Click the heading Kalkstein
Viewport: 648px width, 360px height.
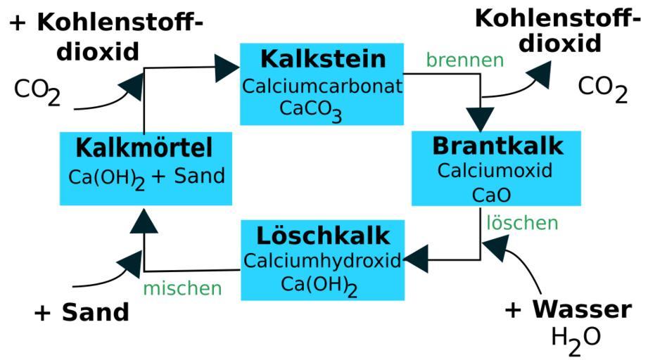click(322, 58)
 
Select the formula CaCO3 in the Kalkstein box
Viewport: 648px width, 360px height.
click(310, 110)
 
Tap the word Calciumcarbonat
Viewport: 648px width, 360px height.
click(322, 86)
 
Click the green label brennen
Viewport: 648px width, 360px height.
click(464, 60)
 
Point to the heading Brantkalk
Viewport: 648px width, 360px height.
click(497, 146)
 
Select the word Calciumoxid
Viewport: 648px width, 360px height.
click(495, 170)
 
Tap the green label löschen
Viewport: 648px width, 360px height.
click(523, 223)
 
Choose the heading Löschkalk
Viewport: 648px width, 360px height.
click(323, 235)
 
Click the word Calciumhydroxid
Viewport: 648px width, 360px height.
click(322, 260)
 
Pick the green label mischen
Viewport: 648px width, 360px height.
click(182, 288)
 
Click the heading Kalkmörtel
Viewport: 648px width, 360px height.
click(144, 148)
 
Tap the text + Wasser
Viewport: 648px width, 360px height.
click(568, 309)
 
